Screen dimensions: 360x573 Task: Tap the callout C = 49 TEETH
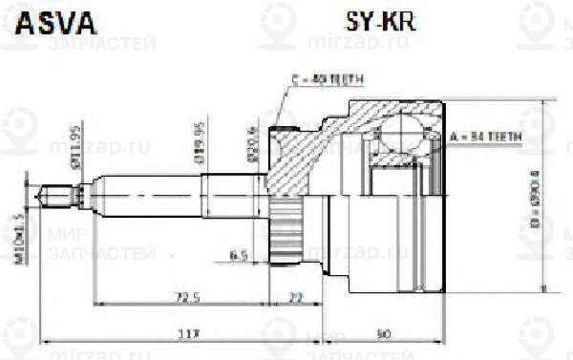pos(326,80)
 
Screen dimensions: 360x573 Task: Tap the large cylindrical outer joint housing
pos(392,229)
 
